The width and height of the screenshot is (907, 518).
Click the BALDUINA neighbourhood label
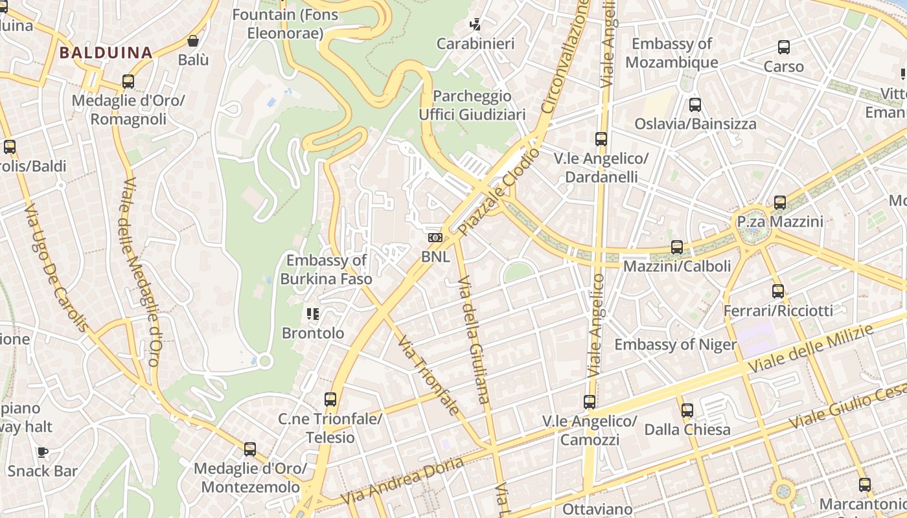(106, 52)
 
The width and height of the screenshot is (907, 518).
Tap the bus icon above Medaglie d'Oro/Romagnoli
(128, 82)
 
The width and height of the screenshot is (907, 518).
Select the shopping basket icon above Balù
(193, 41)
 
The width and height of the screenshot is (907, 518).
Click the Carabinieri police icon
(476, 25)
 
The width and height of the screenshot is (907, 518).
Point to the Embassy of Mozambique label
(671, 53)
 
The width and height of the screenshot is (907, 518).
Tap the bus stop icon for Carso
(783, 47)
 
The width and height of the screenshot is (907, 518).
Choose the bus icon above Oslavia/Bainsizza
(695, 104)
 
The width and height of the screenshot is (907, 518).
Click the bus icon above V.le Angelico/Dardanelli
(601, 139)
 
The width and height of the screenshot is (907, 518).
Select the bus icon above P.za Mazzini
(780, 203)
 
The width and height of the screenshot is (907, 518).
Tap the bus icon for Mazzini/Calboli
(677, 247)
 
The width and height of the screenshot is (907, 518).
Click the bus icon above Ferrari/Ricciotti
(778, 291)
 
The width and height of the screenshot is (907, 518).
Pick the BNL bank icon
(435, 238)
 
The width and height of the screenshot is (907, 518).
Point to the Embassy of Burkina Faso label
(327, 269)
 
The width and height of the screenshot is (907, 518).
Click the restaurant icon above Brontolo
(314, 314)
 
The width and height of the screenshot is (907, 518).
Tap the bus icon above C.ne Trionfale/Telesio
(330, 400)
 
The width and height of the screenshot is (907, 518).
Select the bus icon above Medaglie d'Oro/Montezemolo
(250, 449)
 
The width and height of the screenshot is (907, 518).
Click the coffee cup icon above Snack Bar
(43, 451)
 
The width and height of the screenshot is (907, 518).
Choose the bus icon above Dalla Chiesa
(687, 410)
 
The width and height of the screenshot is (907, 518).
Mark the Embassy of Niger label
(675, 344)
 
